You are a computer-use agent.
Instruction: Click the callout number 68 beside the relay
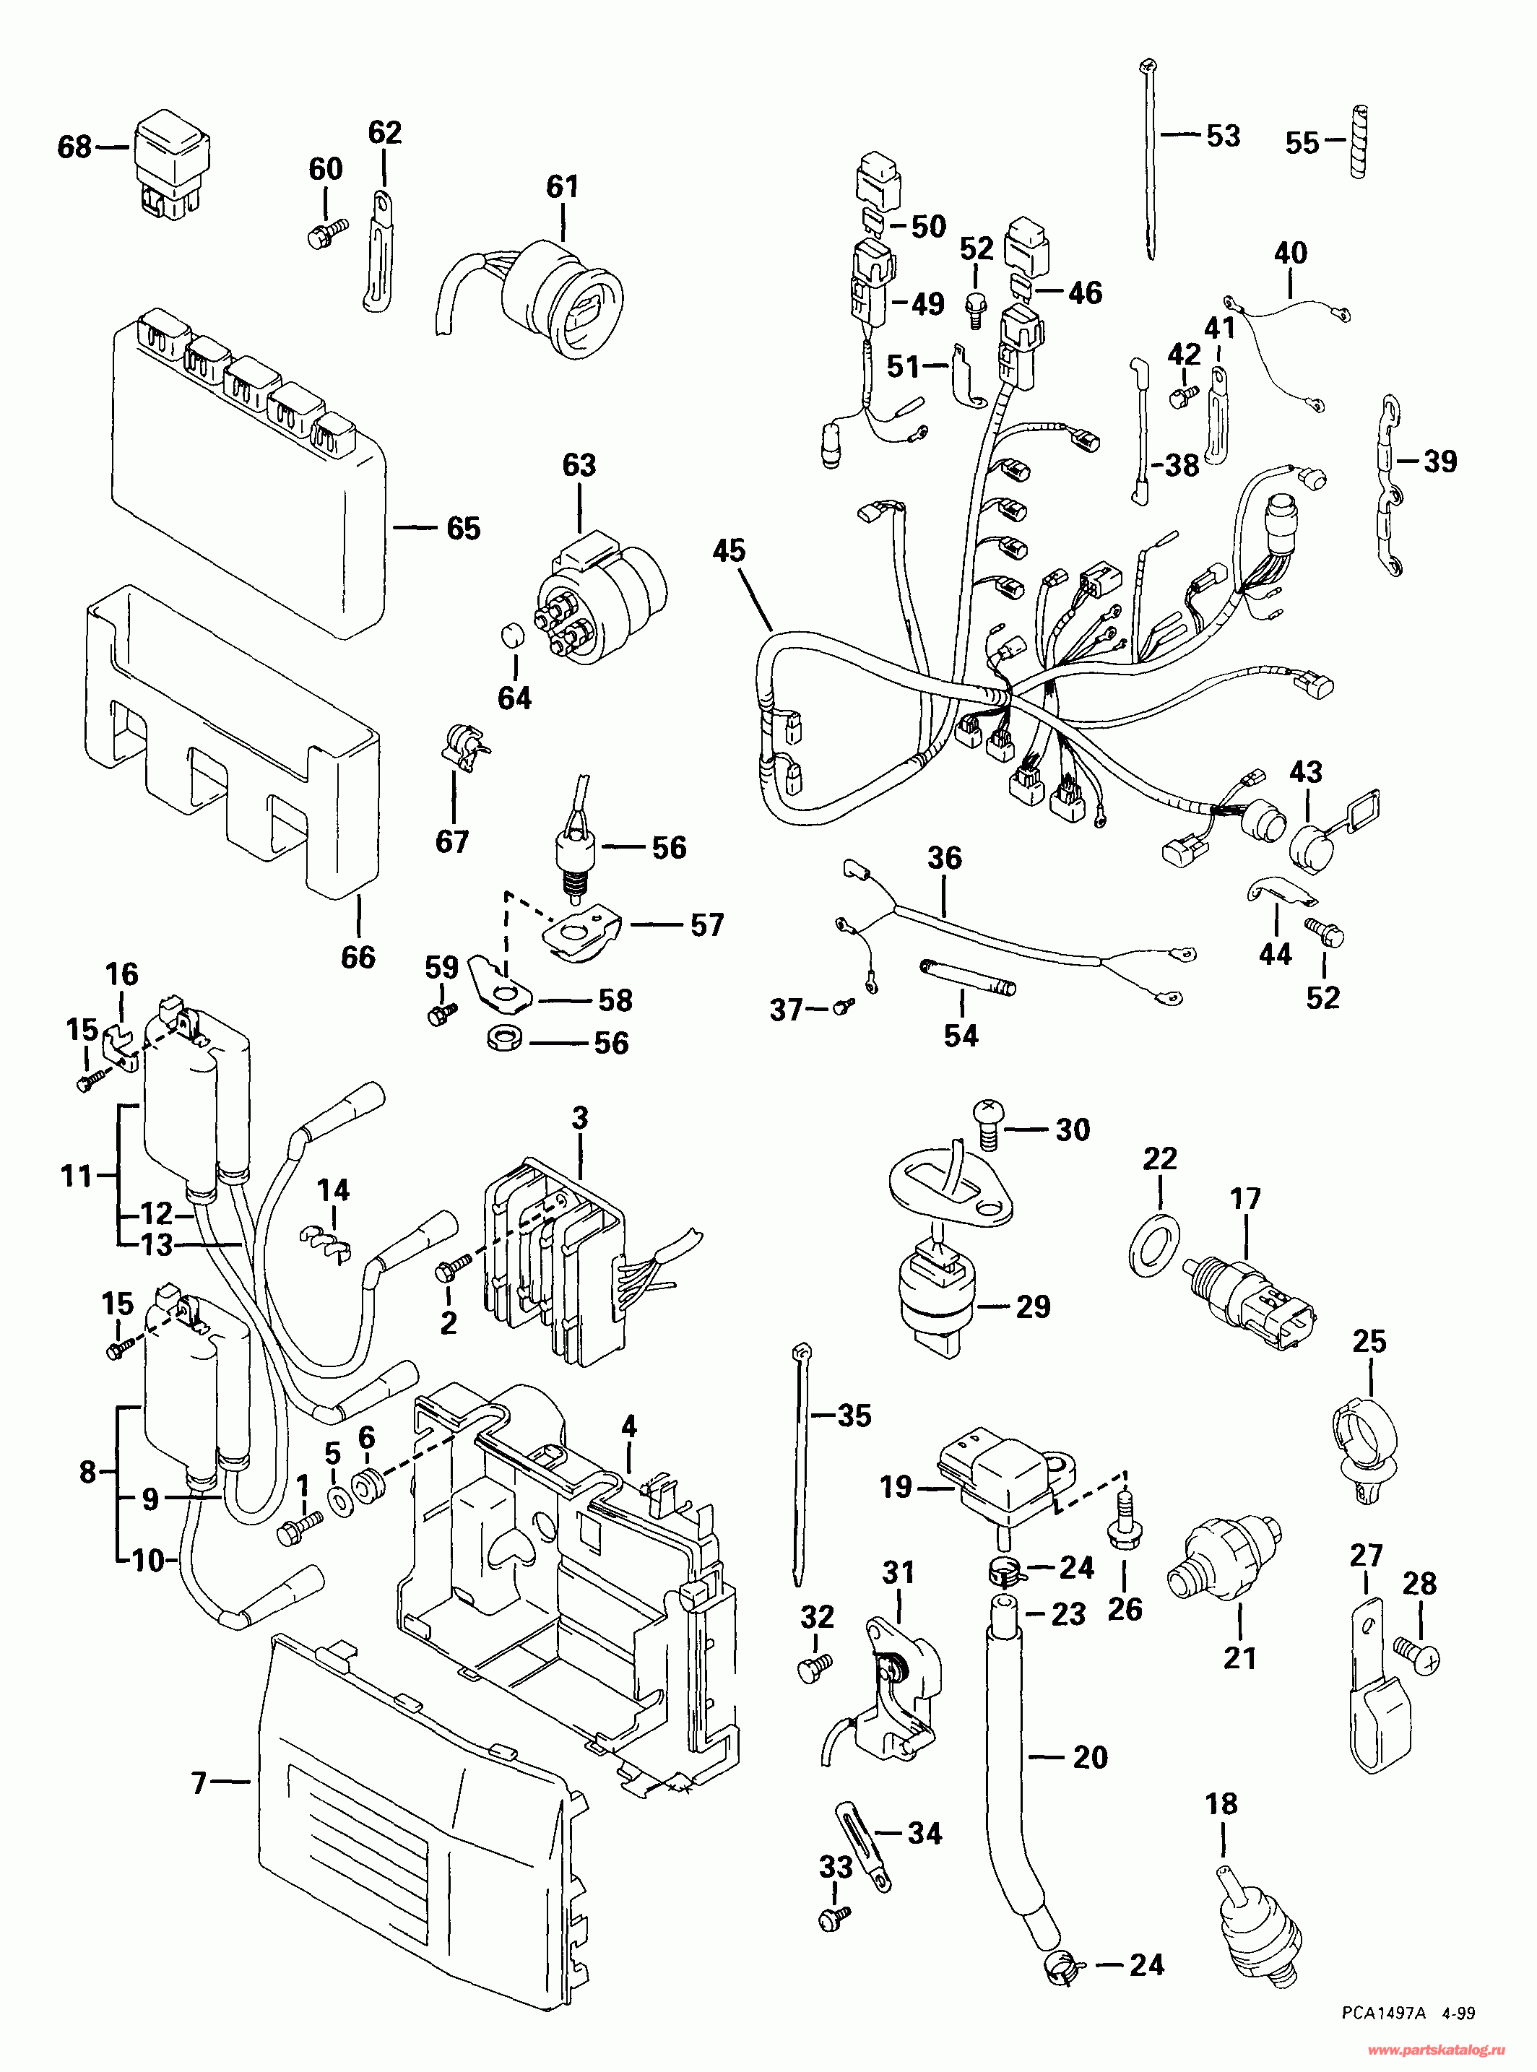pos(74,147)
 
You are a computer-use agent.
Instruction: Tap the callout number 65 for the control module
pos(463,529)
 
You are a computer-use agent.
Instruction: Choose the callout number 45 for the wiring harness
pos(729,551)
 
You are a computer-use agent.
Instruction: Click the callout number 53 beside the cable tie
pos(1224,136)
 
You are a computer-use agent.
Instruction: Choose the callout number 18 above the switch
pos(1221,1804)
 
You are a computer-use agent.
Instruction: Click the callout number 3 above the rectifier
pos(580,1117)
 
